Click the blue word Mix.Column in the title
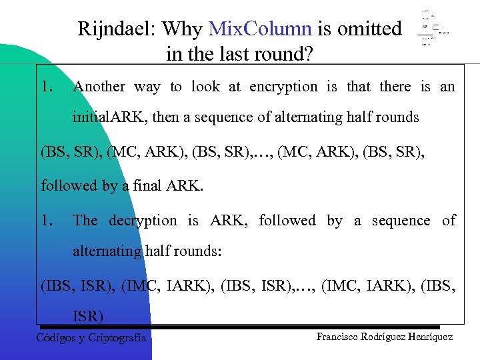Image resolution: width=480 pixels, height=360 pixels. [259, 29]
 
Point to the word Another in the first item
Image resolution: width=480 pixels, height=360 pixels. [99, 86]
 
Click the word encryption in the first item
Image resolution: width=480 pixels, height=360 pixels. [283, 86]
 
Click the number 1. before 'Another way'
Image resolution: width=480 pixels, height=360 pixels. [47, 86]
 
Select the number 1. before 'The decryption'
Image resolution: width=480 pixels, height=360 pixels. [47, 220]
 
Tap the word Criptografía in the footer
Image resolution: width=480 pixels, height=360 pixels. [117, 337]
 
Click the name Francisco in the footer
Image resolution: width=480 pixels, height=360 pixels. [339, 337]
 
